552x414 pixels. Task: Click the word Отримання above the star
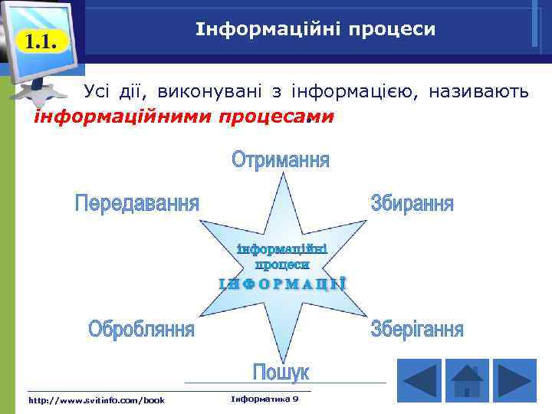[x=281, y=161]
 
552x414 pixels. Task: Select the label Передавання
[x=136, y=204]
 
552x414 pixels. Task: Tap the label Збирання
[x=412, y=204]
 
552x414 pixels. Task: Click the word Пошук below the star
[x=281, y=373]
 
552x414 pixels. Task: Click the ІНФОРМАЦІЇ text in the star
[x=281, y=283]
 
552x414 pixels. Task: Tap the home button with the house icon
[x=467, y=381]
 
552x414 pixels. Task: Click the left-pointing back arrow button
[x=419, y=381]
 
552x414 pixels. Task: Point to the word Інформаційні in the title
[x=256, y=29]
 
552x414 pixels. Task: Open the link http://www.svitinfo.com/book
[x=96, y=399]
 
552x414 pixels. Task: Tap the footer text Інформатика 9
[x=264, y=399]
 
